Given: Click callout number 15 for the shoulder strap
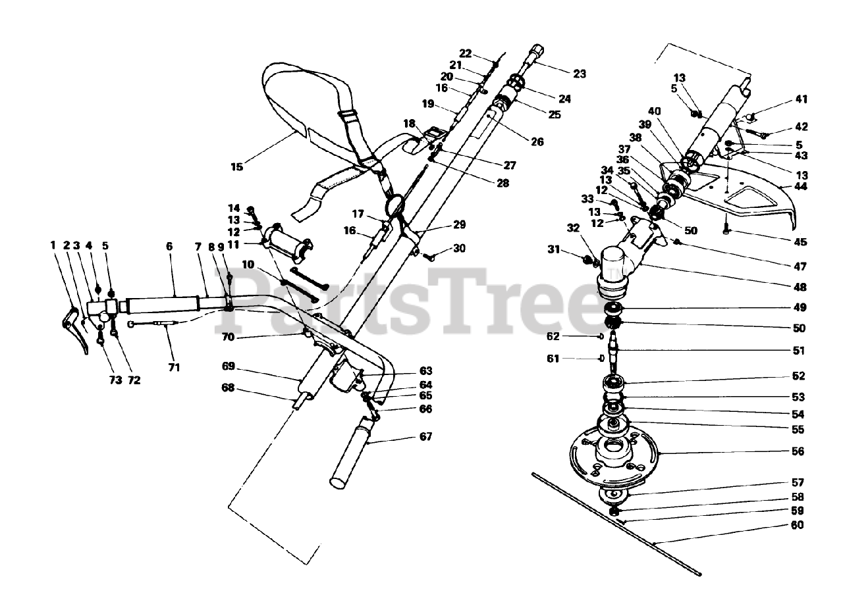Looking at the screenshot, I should point(237,167).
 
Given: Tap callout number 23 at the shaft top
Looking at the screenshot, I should point(580,74).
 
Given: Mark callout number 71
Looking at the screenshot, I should point(174,367).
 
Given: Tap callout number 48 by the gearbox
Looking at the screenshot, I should point(800,288).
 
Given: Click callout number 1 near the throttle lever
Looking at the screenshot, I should point(53,245).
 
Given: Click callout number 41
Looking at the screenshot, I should point(801,100).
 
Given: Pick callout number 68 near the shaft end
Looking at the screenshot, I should point(228,388).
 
